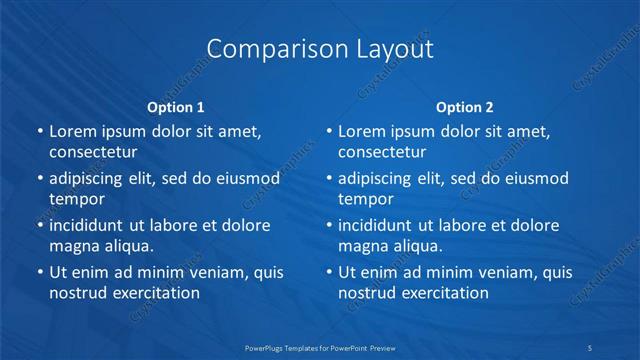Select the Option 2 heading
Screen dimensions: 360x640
click(464, 107)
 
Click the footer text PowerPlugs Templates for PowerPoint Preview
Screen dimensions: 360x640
click(319, 347)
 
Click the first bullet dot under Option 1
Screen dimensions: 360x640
click(39, 131)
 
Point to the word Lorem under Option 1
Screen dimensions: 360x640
click(74, 131)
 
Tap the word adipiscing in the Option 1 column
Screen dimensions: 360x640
click(92, 178)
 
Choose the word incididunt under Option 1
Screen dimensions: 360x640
click(94, 225)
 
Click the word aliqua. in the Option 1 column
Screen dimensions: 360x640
click(126, 246)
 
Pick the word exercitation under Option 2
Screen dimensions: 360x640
click(443, 293)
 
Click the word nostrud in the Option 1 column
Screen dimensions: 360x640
click(76, 293)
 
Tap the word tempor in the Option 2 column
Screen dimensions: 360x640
click(365, 199)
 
